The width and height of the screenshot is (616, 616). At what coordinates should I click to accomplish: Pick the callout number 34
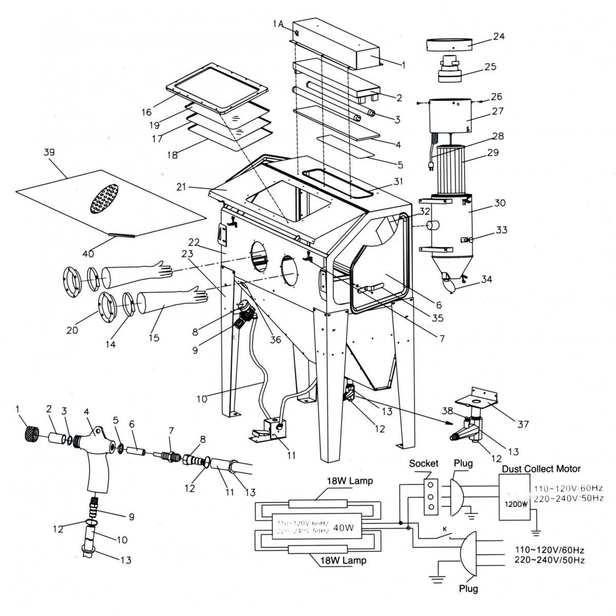coord(486,279)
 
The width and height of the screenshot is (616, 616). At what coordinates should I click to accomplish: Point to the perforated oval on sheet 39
coord(104,198)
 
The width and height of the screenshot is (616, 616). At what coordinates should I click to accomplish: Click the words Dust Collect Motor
coord(541,468)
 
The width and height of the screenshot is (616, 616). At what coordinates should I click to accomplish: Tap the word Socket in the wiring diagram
coord(423,463)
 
